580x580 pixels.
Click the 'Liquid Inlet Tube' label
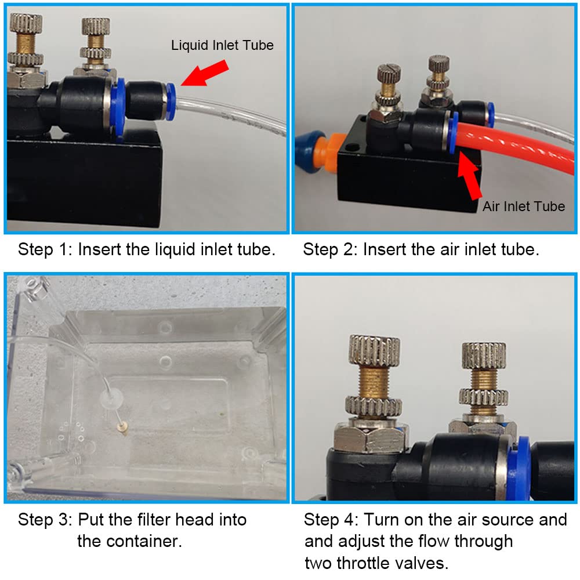(x=222, y=45)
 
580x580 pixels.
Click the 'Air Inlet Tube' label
(x=523, y=206)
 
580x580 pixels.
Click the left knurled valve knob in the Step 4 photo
(x=374, y=351)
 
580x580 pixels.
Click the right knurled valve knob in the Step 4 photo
(x=484, y=356)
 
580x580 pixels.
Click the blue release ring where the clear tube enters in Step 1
(x=171, y=101)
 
